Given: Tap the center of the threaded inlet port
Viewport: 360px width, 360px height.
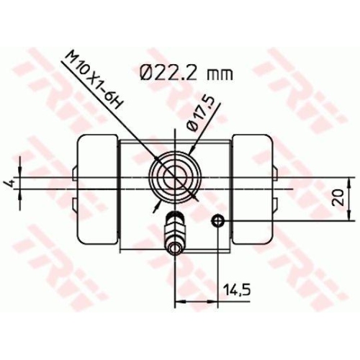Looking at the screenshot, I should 174,175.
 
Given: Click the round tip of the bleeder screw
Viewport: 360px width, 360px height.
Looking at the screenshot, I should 174,251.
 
